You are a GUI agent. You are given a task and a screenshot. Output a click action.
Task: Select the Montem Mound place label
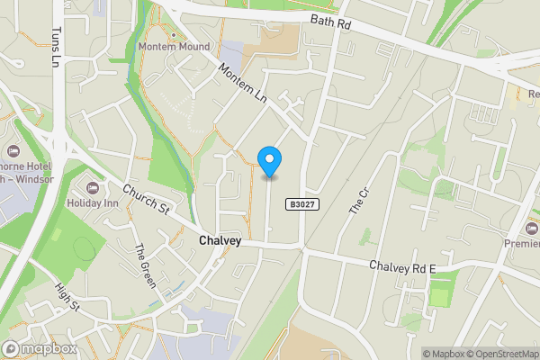point(175,47)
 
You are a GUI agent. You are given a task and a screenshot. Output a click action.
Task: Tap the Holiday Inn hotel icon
point(92,187)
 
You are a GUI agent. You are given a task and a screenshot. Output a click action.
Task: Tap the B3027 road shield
point(301,205)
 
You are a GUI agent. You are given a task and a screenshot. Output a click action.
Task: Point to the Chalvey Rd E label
point(402,266)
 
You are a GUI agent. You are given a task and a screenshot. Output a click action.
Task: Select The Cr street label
point(359,201)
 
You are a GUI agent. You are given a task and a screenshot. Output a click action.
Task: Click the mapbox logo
point(40,348)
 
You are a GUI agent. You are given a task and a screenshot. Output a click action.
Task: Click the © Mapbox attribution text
point(445,353)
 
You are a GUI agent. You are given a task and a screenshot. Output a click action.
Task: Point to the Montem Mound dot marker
point(174,35)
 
